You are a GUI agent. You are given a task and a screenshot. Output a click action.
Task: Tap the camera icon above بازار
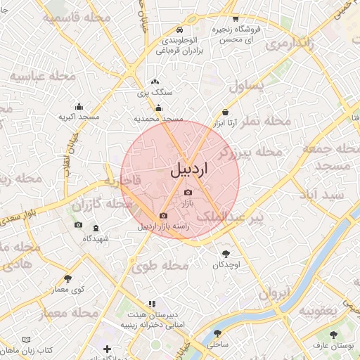point(188,193)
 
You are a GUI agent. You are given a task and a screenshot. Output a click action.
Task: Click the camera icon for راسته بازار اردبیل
point(163,216)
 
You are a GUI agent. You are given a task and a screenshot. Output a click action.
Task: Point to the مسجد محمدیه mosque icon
point(159,108)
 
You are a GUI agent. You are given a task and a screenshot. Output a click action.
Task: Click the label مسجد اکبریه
point(78,117)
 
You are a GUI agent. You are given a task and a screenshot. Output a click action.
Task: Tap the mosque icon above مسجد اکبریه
point(78,107)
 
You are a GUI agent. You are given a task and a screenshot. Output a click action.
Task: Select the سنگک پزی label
point(154,92)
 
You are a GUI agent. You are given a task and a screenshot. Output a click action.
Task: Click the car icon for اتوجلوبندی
point(180,30)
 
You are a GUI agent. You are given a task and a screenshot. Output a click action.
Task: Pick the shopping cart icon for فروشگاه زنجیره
point(235,19)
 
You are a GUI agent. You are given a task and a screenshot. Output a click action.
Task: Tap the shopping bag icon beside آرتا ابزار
point(225,112)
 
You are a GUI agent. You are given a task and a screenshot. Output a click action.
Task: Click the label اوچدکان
point(226,264)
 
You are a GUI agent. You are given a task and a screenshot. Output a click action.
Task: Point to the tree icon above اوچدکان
point(226,254)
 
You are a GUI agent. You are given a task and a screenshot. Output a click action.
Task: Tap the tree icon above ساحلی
point(216,334)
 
